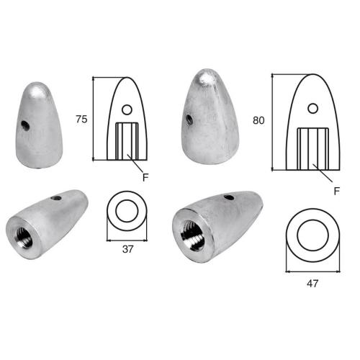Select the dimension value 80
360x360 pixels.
pos(259,121)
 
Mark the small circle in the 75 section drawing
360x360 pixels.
pos(127,110)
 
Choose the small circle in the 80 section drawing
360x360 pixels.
pos(312,108)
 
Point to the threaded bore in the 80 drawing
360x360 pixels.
pos(312,146)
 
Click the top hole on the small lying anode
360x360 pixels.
pos(55,197)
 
